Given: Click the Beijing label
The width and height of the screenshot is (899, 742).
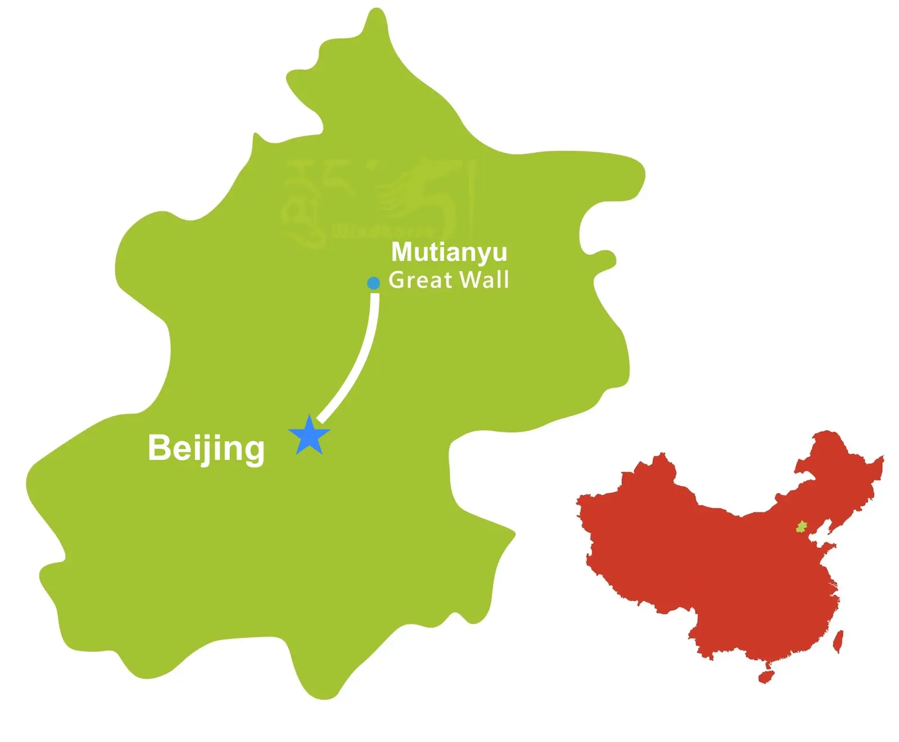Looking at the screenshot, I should click(x=206, y=449).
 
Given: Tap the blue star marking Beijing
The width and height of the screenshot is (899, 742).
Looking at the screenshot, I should click(x=309, y=436).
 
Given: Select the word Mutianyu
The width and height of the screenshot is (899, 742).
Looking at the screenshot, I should click(x=449, y=252).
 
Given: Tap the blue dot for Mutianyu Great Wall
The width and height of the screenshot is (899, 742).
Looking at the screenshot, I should click(x=374, y=283).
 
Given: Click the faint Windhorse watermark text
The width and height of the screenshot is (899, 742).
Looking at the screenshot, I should click(x=382, y=231).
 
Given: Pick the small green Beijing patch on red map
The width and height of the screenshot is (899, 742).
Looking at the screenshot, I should click(x=801, y=527).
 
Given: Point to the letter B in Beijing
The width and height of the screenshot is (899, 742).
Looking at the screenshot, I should click(x=158, y=448).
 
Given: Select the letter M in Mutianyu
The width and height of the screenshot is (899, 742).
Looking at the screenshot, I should click(x=402, y=252).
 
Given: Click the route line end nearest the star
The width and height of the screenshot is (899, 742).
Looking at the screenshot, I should click(x=320, y=419).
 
